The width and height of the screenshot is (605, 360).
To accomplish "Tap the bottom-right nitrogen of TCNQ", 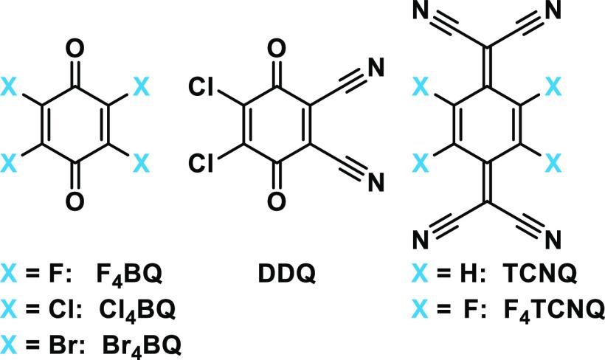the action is pyautogui.click(x=554, y=239).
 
